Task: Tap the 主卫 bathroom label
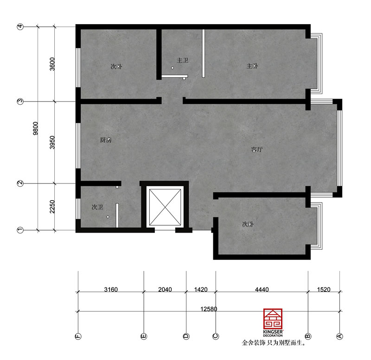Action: click(182, 60)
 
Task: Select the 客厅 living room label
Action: click(257, 150)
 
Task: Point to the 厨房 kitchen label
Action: click(106, 140)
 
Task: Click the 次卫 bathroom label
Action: click(97, 207)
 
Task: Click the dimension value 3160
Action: click(111, 290)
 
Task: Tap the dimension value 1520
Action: click(324, 290)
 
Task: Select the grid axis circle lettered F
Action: click(78, 336)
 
